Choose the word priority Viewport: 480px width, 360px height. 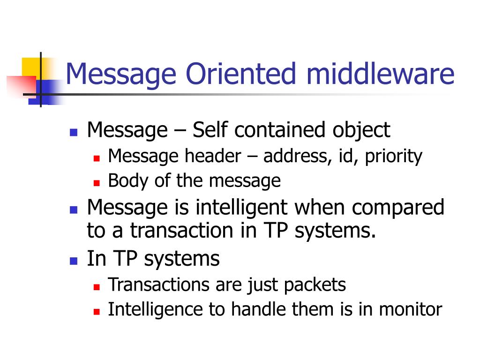click(394, 156)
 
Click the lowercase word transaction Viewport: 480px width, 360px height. click(186, 231)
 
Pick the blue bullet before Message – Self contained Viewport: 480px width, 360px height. click(73, 132)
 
